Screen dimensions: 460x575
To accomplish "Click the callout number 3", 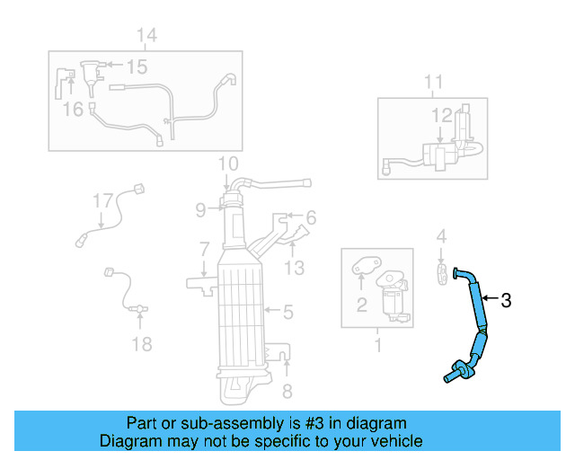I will pyautogui.click(x=506, y=301).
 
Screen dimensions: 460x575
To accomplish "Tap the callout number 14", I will pyautogui.click(x=146, y=35).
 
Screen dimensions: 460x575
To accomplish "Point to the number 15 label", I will pyautogui.click(x=136, y=66).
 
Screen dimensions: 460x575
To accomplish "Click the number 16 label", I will pyautogui.click(x=73, y=109).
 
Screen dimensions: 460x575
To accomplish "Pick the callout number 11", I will pyautogui.click(x=433, y=84).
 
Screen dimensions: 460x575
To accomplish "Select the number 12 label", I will pyautogui.click(x=442, y=115).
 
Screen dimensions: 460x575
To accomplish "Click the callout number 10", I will pyautogui.click(x=228, y=164).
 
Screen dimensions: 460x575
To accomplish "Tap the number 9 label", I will pyautogui.click(x=202, y=210).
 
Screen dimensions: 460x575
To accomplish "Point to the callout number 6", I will pyautogui.click(x=311, y=217).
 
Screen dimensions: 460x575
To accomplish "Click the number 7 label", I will pyautogui.click(x=205, y=248).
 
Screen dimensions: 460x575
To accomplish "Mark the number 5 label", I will pyautogui.click(x=287, y=313).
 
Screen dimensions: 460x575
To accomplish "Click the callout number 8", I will pyautogui.click(x=287, y=391).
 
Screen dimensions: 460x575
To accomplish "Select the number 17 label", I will pyautogui.click(x=103, y=199).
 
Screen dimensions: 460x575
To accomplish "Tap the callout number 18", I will pyautogui.click(x=142, y=343).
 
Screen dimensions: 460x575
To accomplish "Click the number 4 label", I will pyautogui.click(x=441, y=236).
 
